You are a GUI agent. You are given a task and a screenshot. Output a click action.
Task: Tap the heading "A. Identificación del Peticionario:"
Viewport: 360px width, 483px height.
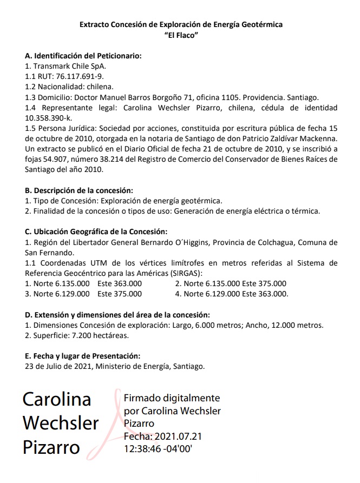pyautogui.click(x=83, y=56)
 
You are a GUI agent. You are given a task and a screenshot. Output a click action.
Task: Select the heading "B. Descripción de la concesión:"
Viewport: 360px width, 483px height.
pyautogui.click(x=79, y=190)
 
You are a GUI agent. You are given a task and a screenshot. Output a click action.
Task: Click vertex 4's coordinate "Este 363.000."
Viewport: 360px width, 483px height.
pyautogui.click(x=265, y=294)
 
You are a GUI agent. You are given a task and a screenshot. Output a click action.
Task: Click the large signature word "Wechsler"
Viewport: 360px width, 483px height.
pyautogui.click(x=61, y=422)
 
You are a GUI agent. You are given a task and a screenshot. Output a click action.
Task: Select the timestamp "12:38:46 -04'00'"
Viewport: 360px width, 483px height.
pyautogui.click(x=159, y=448)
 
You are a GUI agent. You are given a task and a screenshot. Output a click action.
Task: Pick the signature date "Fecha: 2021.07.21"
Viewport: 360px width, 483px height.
pyautogui.click(x=163, y=436)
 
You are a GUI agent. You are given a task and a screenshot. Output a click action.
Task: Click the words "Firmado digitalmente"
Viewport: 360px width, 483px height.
pyautogui.click(x=172, y=398)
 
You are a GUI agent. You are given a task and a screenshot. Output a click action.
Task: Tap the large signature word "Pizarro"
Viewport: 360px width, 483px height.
pyautogui.click(x=51, y=447)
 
